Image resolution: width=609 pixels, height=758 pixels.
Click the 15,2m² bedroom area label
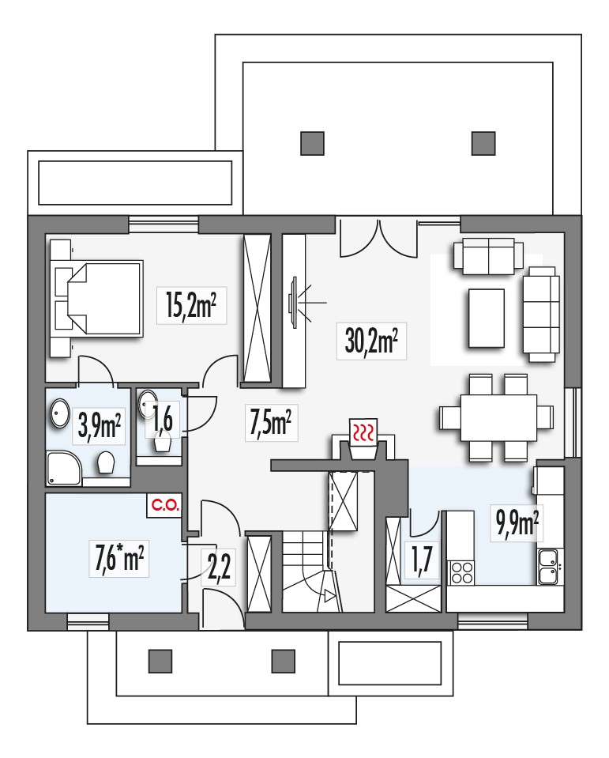(x=191, y=306)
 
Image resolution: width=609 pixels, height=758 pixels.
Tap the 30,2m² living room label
(x=371, y=341)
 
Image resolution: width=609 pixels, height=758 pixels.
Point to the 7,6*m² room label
(x=118, y=558)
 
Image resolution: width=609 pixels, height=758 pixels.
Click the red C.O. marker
(x=165, y=506)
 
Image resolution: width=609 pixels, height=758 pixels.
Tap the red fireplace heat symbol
(x=363, y=431)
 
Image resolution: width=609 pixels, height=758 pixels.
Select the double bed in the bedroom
(x=100, y=298)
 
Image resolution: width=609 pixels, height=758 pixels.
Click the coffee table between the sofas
(x=486, y=318)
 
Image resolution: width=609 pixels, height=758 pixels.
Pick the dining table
(x=498, y=417)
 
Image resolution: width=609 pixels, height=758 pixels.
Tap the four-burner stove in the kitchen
(x=461, y=572)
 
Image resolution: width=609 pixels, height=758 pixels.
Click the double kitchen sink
(x=548, y=567)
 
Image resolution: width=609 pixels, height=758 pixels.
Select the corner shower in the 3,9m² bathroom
(x=64, y=468)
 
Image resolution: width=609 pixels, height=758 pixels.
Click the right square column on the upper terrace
(x=483, y=143)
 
